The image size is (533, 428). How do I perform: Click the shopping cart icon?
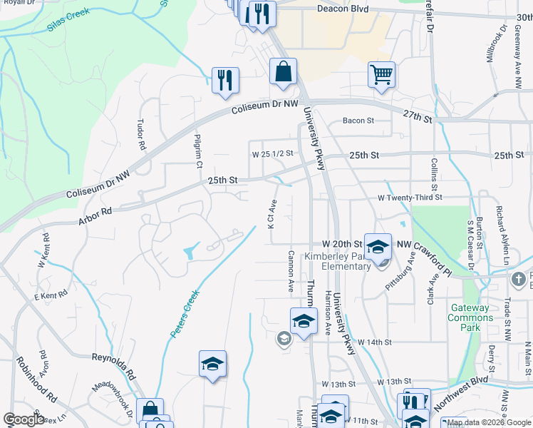pyautogui.click(x=382, y=74)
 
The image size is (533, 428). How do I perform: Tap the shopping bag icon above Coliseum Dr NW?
pyautogui.click(x=283, y=71)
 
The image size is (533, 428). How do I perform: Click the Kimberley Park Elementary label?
pyautogui.click(x=338, y=261)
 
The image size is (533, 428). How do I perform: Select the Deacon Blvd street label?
pyautogui.click(x=340, y=9)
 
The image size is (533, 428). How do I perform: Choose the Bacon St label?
pyautogui.click(x=358, y=121)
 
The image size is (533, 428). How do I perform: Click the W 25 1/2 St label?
pyautogui.click(x=272, y=153)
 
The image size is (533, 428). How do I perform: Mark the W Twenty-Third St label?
pyautogui.click(x=410, y=197)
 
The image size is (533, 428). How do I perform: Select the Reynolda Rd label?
pyautogui.click(x=113, y=368)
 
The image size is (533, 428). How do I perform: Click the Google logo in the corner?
pyautogui.click(x=24, y=419)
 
